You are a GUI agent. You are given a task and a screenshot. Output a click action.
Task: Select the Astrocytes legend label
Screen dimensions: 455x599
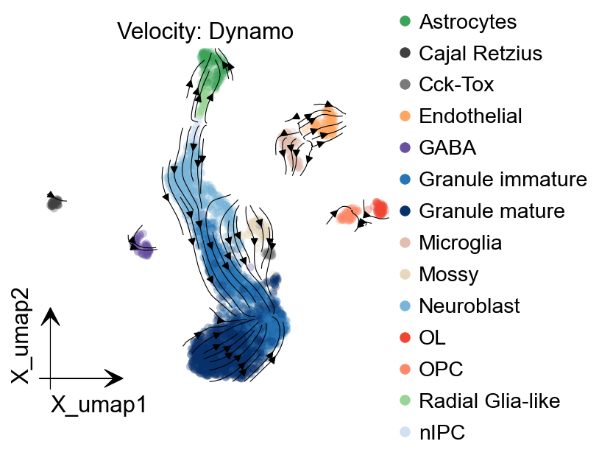point(467,21)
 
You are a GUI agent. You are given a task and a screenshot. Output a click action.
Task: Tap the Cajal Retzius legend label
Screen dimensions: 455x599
point(480,53)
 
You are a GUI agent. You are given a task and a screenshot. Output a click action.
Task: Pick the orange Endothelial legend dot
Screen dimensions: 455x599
point(404,116)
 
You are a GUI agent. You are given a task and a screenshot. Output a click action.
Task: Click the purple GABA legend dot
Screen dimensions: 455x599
point(404,148)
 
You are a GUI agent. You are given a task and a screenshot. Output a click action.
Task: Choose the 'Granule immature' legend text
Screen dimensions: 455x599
point(503,179)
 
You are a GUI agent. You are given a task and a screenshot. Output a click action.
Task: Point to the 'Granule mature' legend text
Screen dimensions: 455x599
point(492,211)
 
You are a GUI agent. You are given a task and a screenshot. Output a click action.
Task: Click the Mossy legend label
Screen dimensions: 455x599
point(448,275)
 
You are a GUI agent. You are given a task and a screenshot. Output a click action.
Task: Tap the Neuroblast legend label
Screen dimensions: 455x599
point(469,306)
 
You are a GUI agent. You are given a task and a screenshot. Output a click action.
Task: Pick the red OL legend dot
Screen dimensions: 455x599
point(404,338)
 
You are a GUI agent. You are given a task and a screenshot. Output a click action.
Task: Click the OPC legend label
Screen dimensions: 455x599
point(441,370)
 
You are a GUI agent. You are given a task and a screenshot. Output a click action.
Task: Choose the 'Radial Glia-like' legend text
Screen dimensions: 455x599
point(489,401)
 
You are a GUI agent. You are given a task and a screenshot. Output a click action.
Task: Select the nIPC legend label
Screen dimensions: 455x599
point(442,433)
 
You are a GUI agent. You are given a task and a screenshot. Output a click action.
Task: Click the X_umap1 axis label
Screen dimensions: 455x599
point(98,404)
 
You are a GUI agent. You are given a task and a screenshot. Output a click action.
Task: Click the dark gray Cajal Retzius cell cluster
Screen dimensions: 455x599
point(54,202)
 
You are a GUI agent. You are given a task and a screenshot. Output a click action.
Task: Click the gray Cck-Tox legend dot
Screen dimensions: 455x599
point(404,85)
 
